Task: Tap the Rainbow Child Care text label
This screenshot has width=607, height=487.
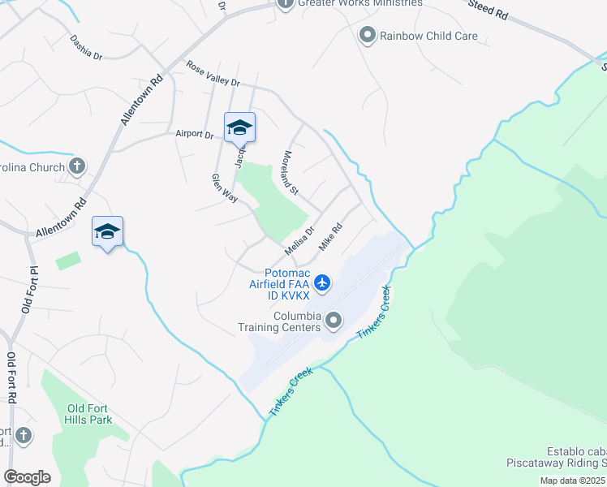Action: click(429, 35)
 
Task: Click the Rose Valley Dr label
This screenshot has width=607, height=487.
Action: click(213, 75)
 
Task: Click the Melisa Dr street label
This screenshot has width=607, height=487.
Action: click(299, 240)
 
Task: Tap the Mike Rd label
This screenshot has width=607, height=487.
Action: click(331, 236)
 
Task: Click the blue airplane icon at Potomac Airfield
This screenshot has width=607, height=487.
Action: click(323, 283)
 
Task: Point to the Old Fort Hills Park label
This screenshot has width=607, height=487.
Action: click(89, 414)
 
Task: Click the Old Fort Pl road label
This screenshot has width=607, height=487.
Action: click(29, 289)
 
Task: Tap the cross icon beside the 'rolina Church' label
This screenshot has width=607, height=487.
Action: click(78, 167)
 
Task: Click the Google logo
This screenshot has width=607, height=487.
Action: click(27, 476)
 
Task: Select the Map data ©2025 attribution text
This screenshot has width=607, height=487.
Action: click(573, 481)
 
